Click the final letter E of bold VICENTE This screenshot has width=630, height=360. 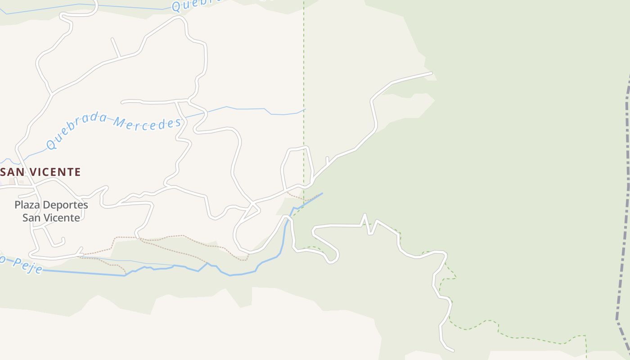tap(77, 172)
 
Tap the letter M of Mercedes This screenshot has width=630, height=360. tap(119, 121)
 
